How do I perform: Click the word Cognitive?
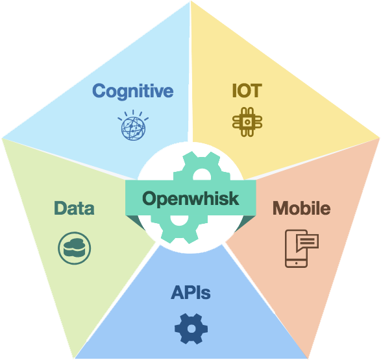132,91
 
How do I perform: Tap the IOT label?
247,91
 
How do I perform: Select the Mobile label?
302,208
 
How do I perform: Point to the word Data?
74,208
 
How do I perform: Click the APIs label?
191,293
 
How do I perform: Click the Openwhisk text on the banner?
191,198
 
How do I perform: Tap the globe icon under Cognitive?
133,125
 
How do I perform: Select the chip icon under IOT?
247,122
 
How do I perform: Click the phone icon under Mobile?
302,248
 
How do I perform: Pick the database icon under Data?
75,248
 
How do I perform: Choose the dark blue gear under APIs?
191,329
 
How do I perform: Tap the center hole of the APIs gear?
191,329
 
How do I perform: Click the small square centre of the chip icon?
247,122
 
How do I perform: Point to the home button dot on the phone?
296,263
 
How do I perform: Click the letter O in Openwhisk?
150,198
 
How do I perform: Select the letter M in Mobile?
280,208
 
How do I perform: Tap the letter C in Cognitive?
99,91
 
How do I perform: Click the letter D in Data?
60,208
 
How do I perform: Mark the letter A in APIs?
178,293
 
